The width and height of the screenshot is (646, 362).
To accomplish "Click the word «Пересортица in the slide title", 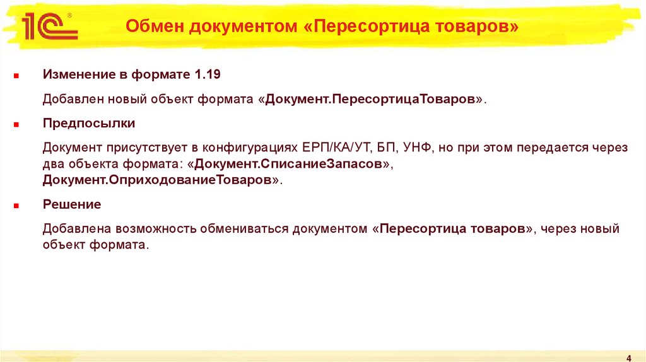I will [366, 27].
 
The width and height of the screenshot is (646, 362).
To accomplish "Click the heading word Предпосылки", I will [89, 122].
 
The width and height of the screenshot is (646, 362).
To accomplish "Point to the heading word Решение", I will [72, 204].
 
